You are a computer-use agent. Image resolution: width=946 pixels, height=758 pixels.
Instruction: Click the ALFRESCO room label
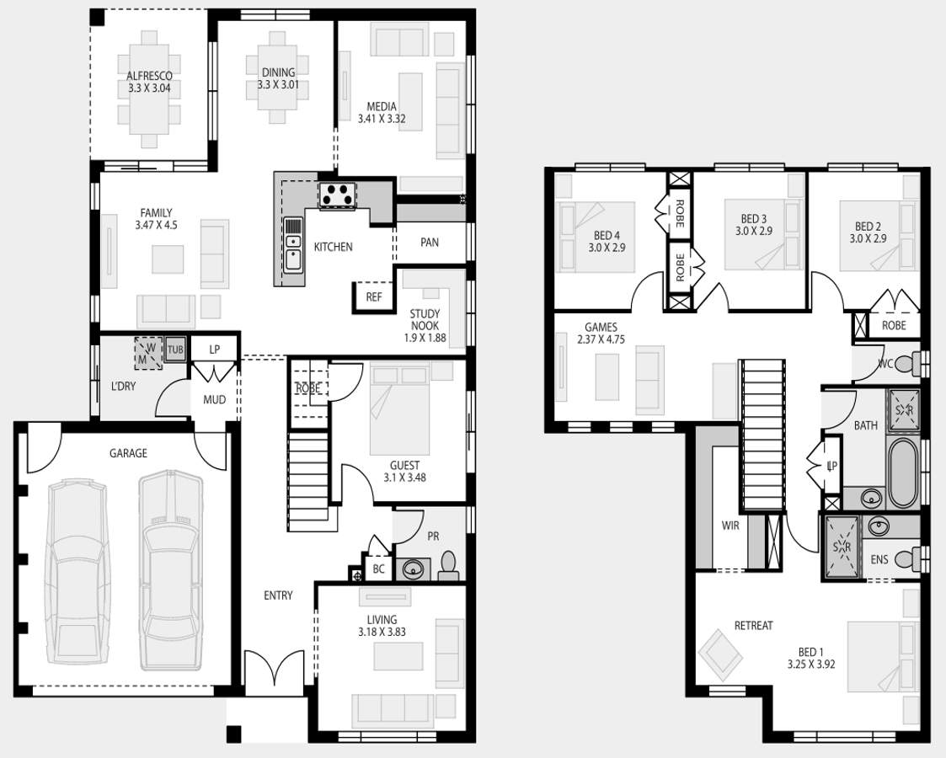[x=149, y=82]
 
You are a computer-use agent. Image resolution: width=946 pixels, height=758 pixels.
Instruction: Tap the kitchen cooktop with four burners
[x=337, y=195]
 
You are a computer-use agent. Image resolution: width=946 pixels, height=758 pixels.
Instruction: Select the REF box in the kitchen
[x=373, y=296]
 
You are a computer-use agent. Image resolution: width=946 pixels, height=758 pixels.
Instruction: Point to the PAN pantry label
[x=430, y=243]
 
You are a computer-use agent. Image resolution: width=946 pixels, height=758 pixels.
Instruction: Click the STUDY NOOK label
[x=425, y=326]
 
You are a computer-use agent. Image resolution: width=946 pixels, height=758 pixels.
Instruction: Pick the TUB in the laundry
[x=175, y=350]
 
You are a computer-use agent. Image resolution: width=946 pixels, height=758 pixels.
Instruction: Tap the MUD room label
[x=215, y=400]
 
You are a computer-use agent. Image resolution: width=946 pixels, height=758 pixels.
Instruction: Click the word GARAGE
[x=128, y=453]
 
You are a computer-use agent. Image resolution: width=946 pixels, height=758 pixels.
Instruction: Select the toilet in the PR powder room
[x=448, y=566]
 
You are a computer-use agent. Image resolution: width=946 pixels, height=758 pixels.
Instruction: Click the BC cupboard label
[x=378, y=568]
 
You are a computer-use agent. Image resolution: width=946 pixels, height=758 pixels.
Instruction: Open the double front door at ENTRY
[x=275, y=668]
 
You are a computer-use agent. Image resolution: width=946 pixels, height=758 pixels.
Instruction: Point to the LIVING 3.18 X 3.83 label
[x=382, y=626]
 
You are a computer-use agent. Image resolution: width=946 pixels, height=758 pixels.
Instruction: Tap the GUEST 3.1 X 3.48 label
[x=405, y=472]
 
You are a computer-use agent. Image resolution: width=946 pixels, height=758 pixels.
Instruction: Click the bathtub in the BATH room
[x=902, y=472]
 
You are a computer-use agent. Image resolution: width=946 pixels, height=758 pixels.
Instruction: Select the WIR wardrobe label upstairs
[x=730, y=526]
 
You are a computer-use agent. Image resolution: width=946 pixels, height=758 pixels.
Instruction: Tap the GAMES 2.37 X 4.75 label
[x=601, y=333]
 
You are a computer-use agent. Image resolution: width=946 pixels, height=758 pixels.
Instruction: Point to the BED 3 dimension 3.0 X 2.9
[x=754, y=231]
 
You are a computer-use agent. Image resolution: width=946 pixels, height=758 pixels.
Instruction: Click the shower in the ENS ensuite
[x=841, y=547]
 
